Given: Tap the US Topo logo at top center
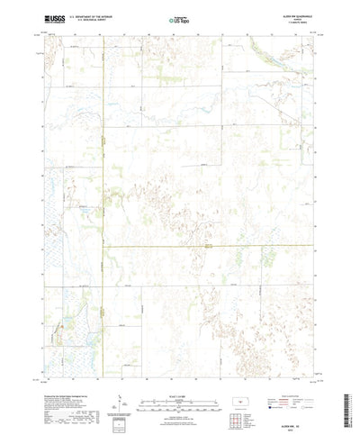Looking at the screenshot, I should pyautogui.click(x=179, y=19).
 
